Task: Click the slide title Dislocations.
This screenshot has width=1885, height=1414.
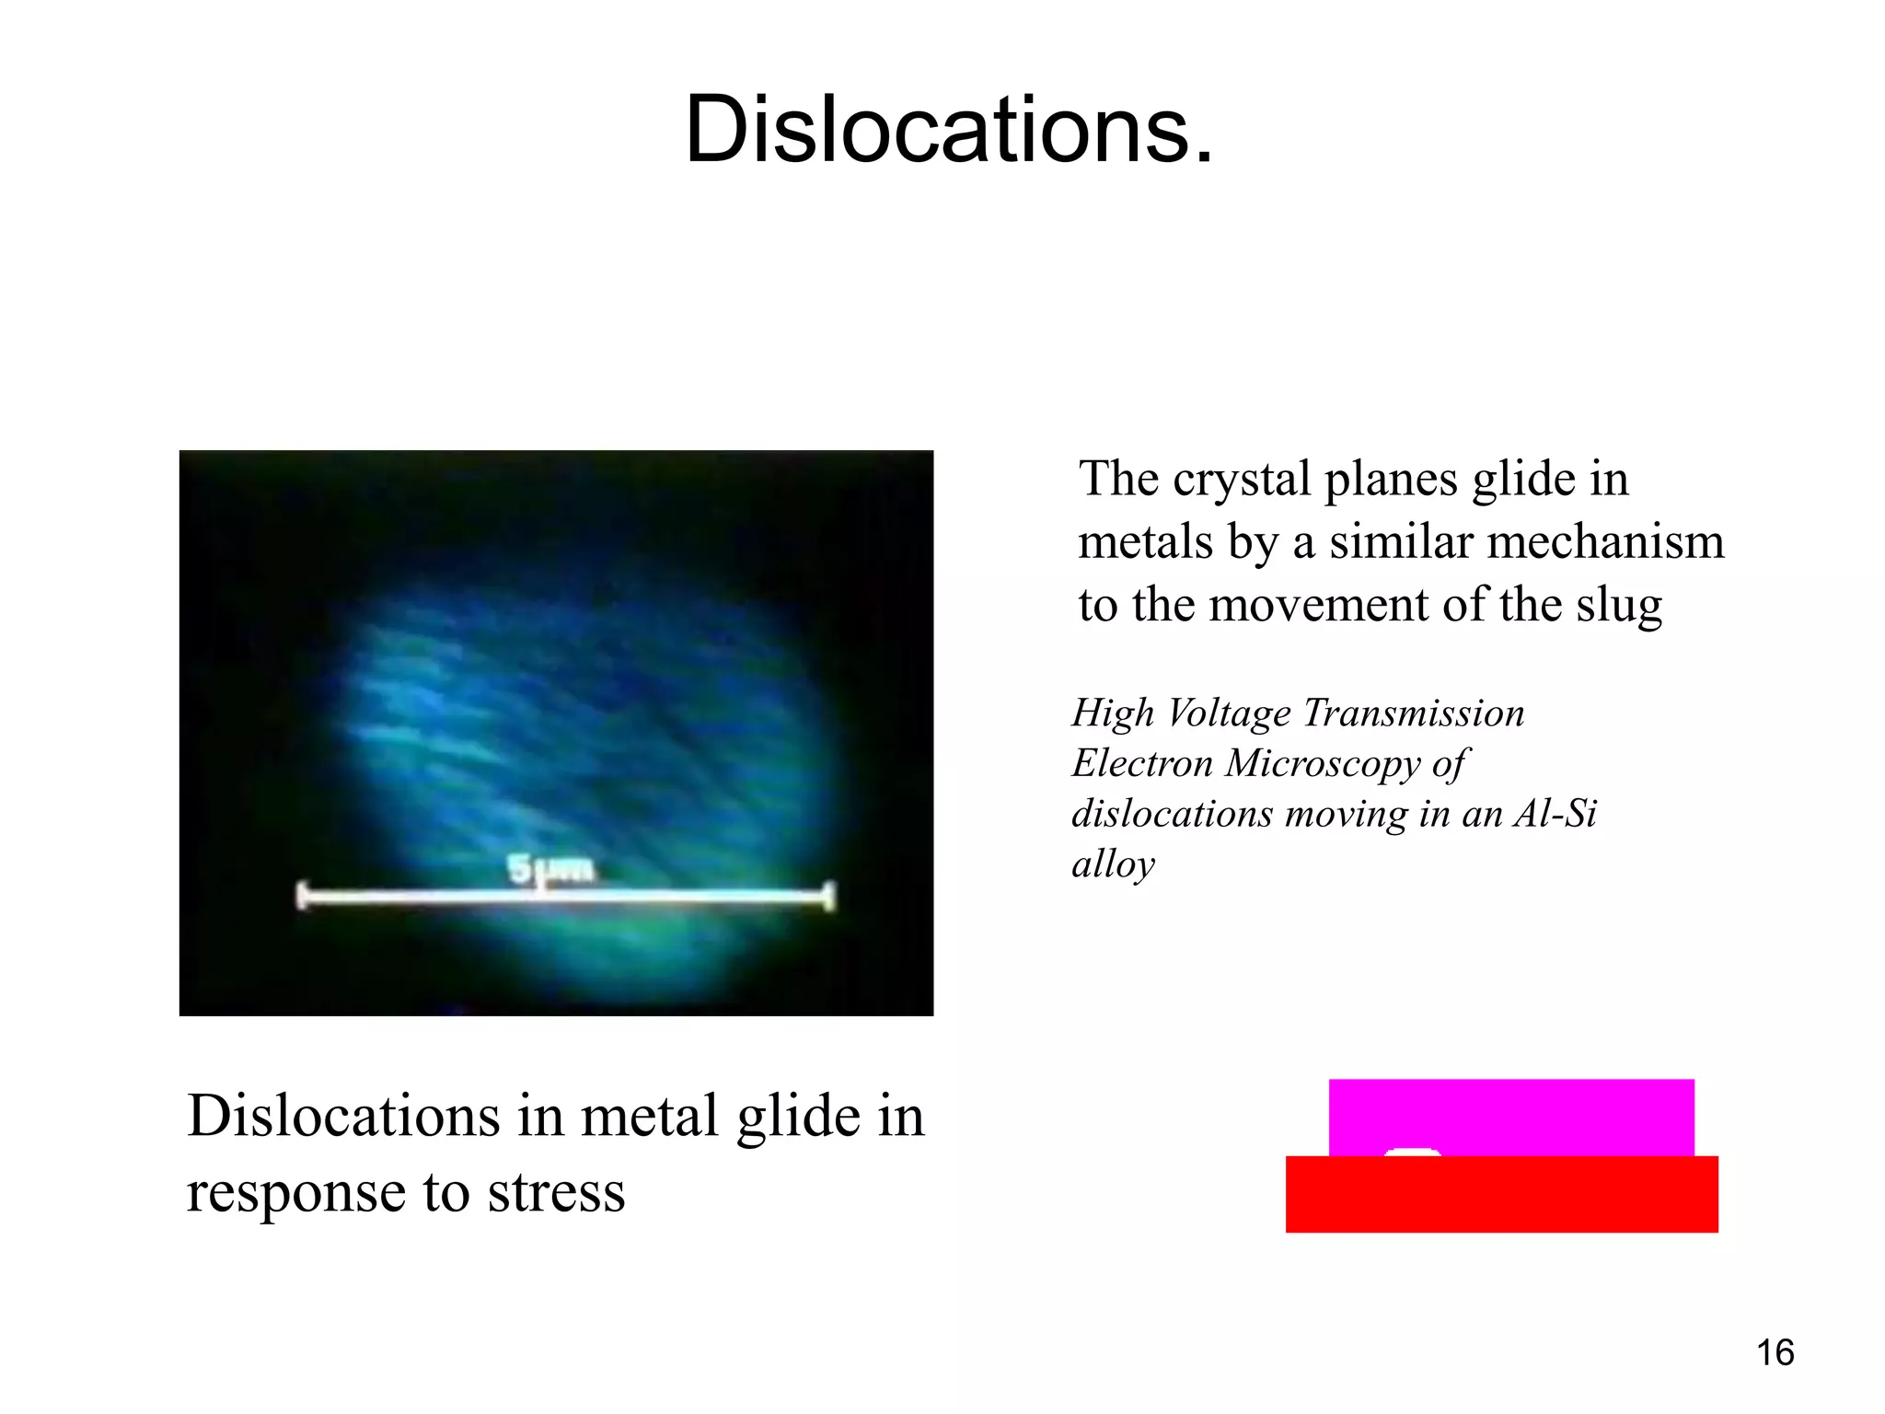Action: pos(949,130)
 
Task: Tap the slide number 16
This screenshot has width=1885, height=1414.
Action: pos(1775,1352)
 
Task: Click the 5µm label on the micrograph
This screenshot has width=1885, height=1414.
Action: pos(550,868)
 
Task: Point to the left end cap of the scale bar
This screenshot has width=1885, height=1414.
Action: pos(302,896)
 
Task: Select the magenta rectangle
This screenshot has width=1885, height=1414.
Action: pos(1510,1114)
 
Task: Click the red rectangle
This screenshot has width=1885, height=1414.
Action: pos(1501,1194)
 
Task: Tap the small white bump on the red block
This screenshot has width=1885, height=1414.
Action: pos(1413,1152)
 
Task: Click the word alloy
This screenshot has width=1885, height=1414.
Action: pos(1113,865)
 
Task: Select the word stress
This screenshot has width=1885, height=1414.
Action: pos(556,1193)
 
